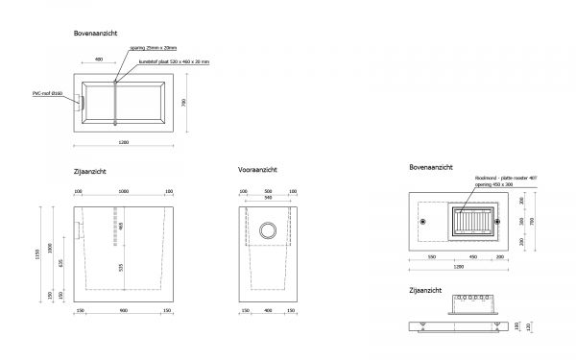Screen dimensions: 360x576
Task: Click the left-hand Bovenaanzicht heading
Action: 95,33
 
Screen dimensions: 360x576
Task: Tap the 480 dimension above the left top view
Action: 100,60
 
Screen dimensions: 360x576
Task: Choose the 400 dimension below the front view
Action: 269,310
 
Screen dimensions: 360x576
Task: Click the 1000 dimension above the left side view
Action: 124,191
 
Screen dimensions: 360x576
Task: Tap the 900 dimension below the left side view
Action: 124,310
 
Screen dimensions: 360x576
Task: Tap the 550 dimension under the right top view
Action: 432,256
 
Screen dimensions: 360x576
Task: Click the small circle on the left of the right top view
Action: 422,222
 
